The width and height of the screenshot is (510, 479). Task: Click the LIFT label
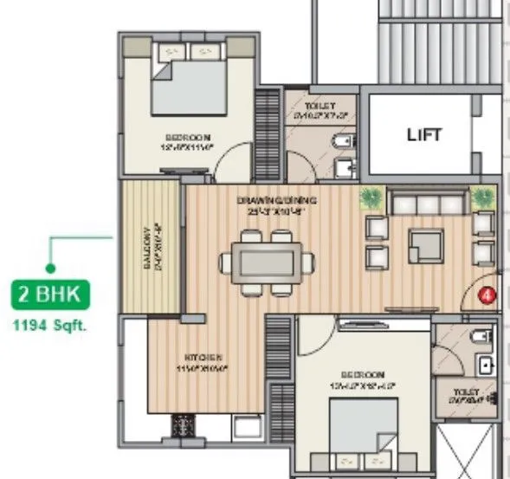coord(424,135)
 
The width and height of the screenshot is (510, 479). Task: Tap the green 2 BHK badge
coord(49,295)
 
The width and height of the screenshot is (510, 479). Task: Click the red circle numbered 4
coord(487,295)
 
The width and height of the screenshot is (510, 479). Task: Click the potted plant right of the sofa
coord(481,198)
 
